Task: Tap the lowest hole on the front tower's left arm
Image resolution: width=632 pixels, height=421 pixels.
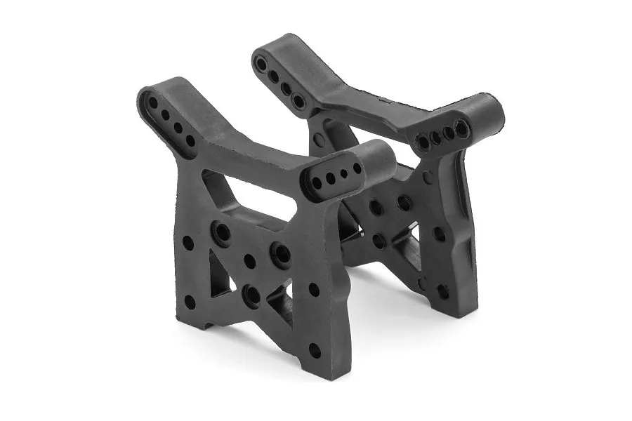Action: (x=190, y=140)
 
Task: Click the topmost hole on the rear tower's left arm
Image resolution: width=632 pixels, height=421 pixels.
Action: (x=261, y=64)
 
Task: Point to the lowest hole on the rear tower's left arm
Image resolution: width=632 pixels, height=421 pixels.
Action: (x=299, y=101)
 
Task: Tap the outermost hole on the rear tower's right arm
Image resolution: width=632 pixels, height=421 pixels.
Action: (x=461, y=128)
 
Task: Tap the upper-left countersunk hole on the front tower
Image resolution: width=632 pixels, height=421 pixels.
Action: (x=222, y=232)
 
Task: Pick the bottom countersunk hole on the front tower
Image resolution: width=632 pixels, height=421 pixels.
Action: (x=251, y=295)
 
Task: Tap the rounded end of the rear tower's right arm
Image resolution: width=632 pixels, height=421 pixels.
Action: (x=488, y=112)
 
